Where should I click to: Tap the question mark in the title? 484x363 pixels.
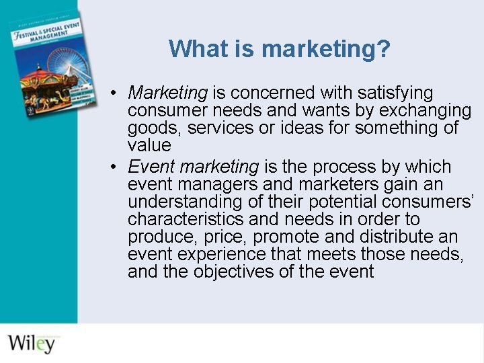click(x=384, y=48)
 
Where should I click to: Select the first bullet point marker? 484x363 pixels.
click(x=116, y=92)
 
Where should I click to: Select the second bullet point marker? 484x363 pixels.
click(x=116, y=166)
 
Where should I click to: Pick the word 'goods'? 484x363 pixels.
click(x=154, y=128)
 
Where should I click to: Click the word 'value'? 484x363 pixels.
click(x=149, y=145)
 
